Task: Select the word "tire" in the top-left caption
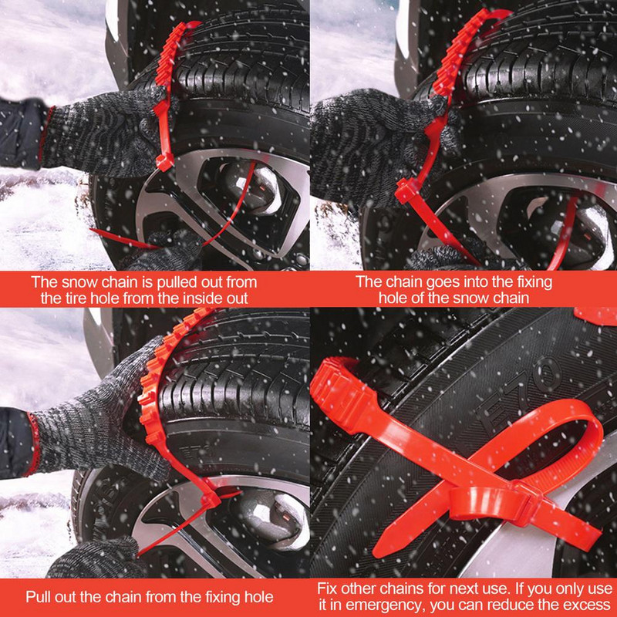pyautogui.click(x=79, y=298)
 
